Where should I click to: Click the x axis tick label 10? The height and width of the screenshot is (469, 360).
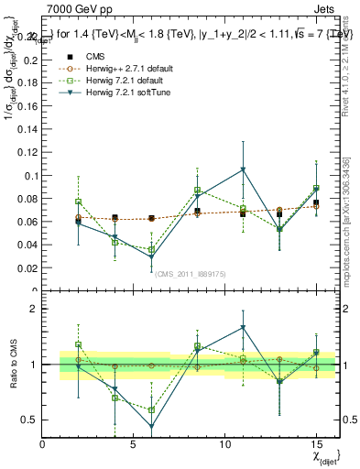225,444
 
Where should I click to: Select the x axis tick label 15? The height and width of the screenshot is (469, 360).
316,444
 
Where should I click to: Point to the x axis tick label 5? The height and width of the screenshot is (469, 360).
134,444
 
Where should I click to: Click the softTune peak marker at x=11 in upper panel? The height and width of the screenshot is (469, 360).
243,169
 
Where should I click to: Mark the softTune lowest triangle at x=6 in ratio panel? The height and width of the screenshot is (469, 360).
152,426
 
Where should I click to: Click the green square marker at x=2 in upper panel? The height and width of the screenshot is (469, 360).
79,202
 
